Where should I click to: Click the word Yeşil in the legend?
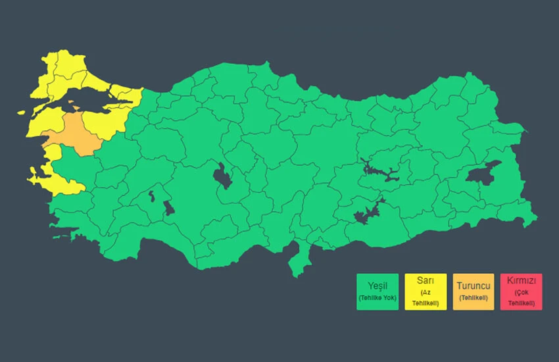377,285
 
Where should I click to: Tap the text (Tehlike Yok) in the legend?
377,298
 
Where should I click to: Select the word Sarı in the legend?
425,280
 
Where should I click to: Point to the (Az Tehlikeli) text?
425,297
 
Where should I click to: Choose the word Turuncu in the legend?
473,285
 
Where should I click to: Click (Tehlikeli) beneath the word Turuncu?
473,298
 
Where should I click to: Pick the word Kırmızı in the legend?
521,280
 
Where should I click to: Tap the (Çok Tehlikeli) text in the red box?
521,297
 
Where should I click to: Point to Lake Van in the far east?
483,172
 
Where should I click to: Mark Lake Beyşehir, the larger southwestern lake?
169,208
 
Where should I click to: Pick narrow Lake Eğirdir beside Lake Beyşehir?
151,195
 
